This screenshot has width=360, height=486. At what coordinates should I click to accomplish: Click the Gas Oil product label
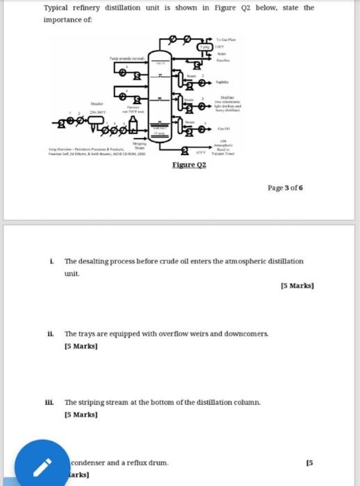(x=224, y=129)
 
